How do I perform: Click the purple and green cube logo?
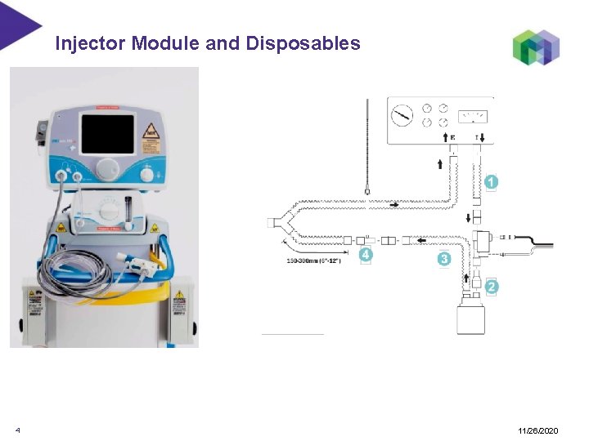[536, 47]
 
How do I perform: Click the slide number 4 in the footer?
[17, 430]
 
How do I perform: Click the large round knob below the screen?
[107, 169]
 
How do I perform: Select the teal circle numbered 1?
[491, 182]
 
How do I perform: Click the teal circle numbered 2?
[491, 287]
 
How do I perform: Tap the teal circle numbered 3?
[443, 258]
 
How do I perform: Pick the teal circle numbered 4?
[366, 255]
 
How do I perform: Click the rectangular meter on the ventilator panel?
[474, 115]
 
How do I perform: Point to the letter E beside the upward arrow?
[452, 138]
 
